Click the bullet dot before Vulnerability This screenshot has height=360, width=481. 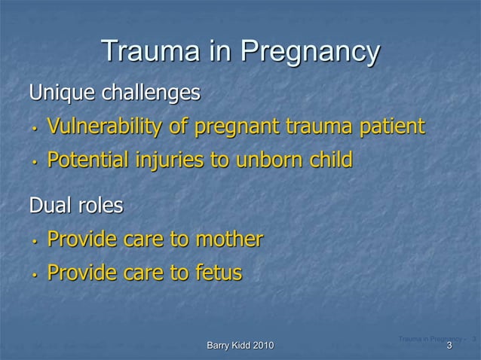[x=35, y=128]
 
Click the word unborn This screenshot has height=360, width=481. [x=271, y=160]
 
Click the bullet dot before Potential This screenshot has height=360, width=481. [x=35, y=162]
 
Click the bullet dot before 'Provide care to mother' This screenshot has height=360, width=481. [x=35, y=242]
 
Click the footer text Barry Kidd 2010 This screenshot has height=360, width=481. [x=240, y=346]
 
